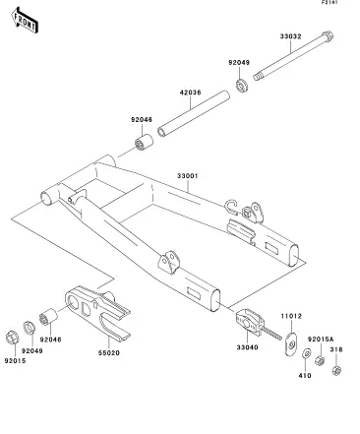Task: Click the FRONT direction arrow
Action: pos(25,21)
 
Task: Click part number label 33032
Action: pos(290,36)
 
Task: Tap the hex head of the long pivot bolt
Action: pos(328,35)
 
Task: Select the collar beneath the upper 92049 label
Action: pos(242,85)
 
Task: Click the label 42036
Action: pos(190,93)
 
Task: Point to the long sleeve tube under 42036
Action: pos(194,113)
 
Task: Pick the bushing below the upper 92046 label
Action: pos(144,142)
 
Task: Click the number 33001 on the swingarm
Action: pos(188,176)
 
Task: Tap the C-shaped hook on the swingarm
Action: pos(230,208)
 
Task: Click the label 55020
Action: pos(109,353)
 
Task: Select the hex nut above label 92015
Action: pos(13,338)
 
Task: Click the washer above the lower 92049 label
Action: pos(29,328)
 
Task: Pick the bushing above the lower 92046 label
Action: pos(48,317)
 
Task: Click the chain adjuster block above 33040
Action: pos(250,322)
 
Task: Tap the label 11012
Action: pos(291,316)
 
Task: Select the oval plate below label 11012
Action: pos(290,343)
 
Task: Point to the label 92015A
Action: pos(321,339)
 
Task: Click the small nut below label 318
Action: pos(336,370)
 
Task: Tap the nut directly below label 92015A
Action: pos(320,360)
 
